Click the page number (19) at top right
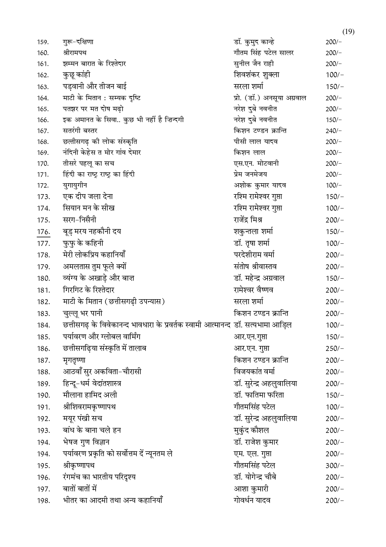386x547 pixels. pyautogui.click(x=348, y=31)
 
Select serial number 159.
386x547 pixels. pyautogui.click(x=43, y=42)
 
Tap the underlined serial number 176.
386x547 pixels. pyautogui.click(x=43, y=232)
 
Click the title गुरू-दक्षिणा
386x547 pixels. pyautogui.click(x=78, y=42)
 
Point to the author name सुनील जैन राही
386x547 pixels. pyautogui.click(x=254, y=64)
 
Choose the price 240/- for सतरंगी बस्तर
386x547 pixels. pyautogui.click(x=333, y=131)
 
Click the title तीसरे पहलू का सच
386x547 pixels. pyautogui.click(x=88, y=164)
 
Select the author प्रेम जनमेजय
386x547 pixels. pyautogui.click(x=250, y=175)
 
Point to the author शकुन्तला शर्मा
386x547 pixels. pyautogui.click(x=253, y=232)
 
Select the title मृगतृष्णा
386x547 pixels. pyautogui.click(x=74, y=360)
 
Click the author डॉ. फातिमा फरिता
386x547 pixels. pyautogui.click(x=259, y=395)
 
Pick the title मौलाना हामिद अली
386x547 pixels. pyautogui.click(x=90, y=395)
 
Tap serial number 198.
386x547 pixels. pyautogui.click(x=43, y=501)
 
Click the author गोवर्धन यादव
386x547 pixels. pyautogui.click(x=252, y=501)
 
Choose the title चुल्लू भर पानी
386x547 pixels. pyautogui.click(x=82, y=314)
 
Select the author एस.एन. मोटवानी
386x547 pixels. pyautogui.click(x=256, y=164)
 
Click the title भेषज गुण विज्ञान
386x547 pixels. pyautogui.click(x=86, y=442)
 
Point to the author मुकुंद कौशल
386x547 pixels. pyautogui.click(x=251, y=430)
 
